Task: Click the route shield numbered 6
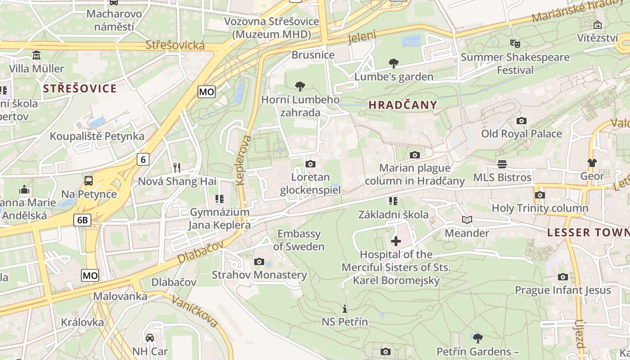coord(143,159)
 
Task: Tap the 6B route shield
coord(83,220)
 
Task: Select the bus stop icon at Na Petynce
coord(89,181)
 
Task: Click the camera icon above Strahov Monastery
coord(259,261)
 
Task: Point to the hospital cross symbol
coord(396,241)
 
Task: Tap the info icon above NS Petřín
coord(345,309)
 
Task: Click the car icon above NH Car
coord(150,338)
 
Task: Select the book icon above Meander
coord(467,220)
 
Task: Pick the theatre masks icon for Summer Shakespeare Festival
coord(515,44)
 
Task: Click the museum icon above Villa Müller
coord(36,55)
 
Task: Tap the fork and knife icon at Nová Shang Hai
coord(177,168)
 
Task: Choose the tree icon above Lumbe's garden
coord(394,63)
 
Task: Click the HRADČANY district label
coord(403,105)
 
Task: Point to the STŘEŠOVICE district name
coord(80,88)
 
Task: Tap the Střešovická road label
coord(175,45)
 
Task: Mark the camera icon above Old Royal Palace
coord(522,121)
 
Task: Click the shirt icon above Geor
coord(592,162)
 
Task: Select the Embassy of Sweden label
coord(299,240)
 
